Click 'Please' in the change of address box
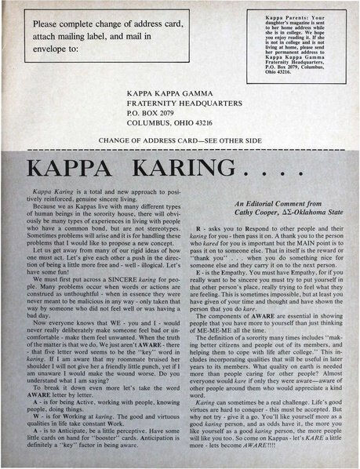[x=48, y=24]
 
